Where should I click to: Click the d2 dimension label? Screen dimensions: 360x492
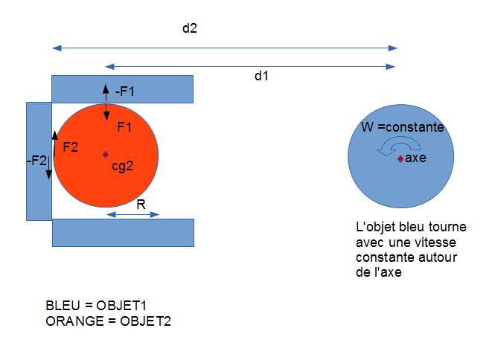(190, 29)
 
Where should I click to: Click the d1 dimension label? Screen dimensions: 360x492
(261, 77)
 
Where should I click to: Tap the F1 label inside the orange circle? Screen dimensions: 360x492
(124, 127)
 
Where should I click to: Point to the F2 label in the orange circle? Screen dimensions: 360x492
(71, 147)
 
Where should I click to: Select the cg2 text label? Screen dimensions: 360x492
(122, 167)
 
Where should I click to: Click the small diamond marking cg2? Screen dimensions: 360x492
(106, 154)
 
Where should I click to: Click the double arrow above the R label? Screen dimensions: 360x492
(133, 214)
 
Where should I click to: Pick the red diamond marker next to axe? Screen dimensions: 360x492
(400, 159)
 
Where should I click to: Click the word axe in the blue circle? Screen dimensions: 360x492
(415, 158)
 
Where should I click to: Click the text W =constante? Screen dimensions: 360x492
(402, 128)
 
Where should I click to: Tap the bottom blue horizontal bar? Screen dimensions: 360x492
(123, 232)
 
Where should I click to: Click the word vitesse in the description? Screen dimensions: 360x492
(436, 242)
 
